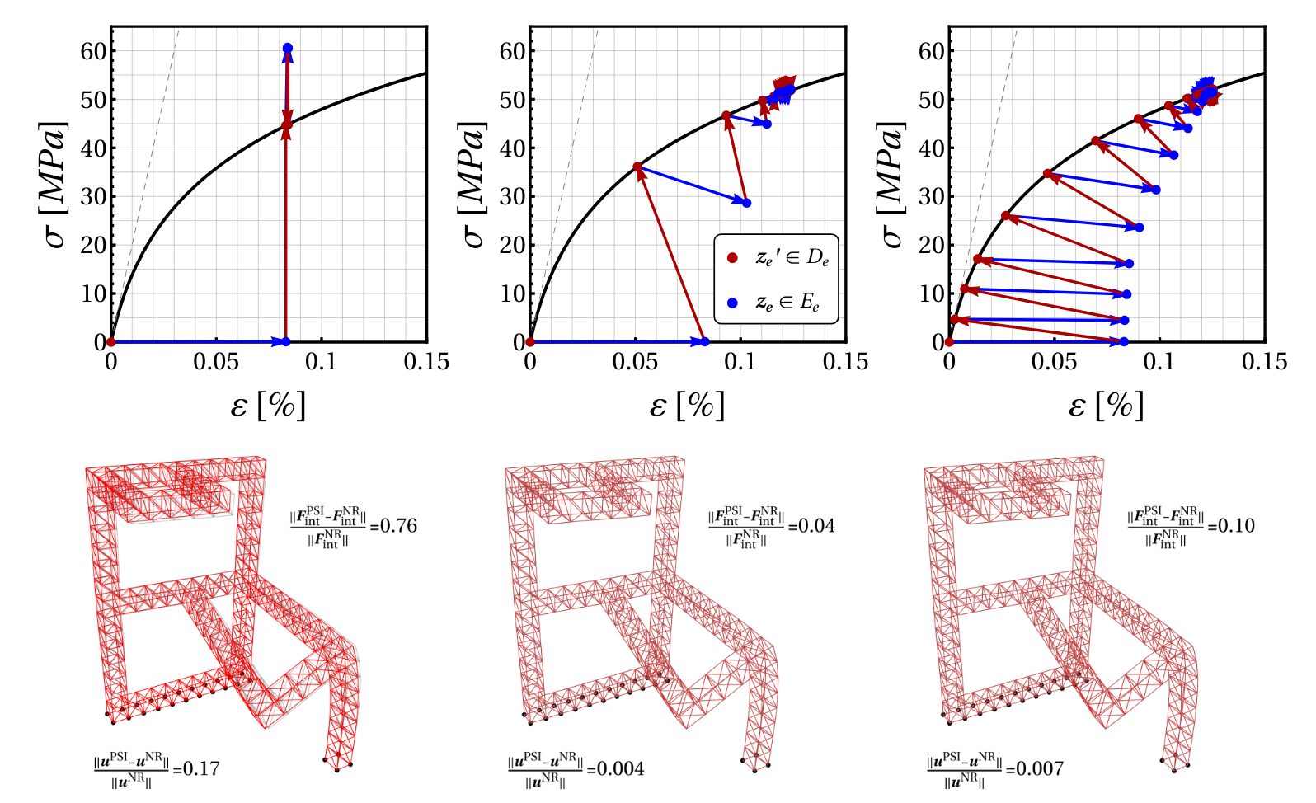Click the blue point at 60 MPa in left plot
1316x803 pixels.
[287, 49]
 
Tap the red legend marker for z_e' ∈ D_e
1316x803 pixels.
[731, 258]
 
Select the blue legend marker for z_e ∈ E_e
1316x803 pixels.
[731, 303]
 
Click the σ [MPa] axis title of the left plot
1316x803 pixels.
[54, 185]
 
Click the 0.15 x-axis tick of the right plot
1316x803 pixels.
[1264, 362]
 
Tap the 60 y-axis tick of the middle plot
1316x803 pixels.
[513, 51]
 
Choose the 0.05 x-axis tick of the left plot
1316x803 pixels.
[216, 362]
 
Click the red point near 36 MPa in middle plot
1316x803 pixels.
[637, 167]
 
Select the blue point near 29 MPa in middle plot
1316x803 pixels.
[746, 203]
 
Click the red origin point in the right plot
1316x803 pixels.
[949, 341]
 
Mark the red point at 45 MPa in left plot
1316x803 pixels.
[287, 125]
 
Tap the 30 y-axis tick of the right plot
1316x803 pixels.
[932, 196]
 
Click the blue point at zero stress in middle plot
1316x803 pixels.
[704, 341]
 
